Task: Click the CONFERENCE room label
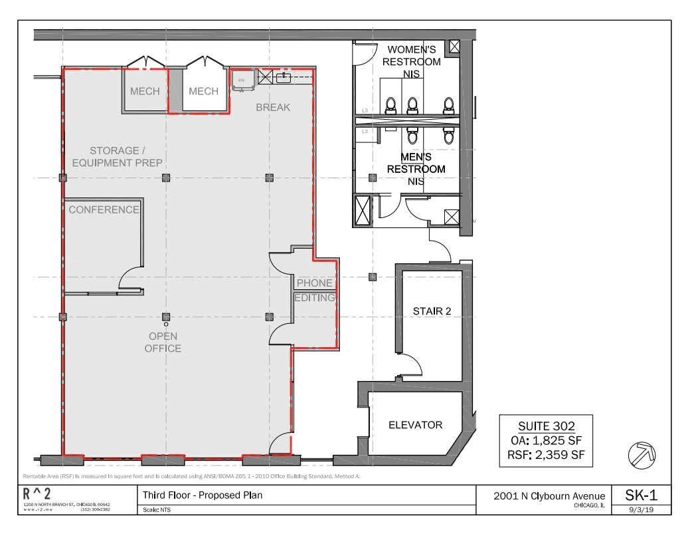coord(104,209)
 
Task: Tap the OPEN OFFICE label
coord(163,342)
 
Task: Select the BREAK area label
coord(274,107)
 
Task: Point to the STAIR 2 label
coord(432,311)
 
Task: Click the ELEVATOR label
coord(415,425)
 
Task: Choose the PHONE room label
coord(314,283)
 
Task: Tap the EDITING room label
coord(315,298)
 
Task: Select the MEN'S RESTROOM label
coord(416,163)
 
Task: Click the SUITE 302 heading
coord(545,426)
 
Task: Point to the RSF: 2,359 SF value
coord(545,455)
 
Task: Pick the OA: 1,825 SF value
coord(545,440)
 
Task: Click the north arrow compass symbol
coord(642,455)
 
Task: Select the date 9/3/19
coord(642,510)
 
